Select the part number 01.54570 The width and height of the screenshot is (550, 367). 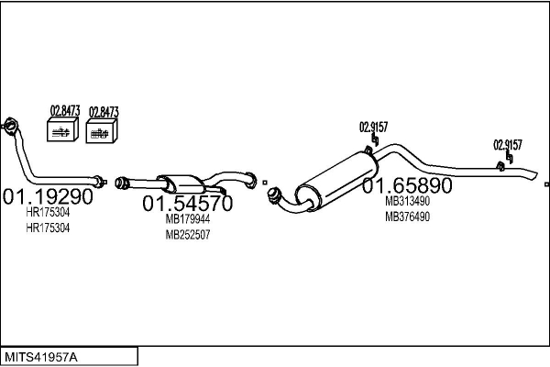point(186,203)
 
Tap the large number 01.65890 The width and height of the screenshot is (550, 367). point(407,185)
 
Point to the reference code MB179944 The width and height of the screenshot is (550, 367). point(188,219)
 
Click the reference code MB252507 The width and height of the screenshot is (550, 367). point(188,234)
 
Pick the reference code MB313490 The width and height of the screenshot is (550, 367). point(407,202)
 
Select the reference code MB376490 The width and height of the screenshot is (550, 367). point(407,217)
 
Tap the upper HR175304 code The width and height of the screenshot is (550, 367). point(48,212)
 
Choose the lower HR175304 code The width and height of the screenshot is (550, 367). point(48,227)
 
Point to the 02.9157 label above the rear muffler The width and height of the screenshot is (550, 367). point(373,127)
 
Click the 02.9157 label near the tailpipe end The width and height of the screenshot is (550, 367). point(508,144)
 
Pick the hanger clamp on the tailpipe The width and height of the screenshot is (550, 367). point(501,165)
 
